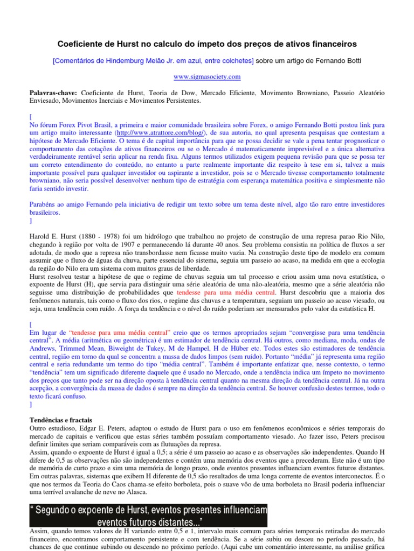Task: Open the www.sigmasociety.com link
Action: [x=207, y=77]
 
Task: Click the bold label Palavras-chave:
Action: [x=53, y=93]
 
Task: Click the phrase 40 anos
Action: [x=224, y=244]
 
